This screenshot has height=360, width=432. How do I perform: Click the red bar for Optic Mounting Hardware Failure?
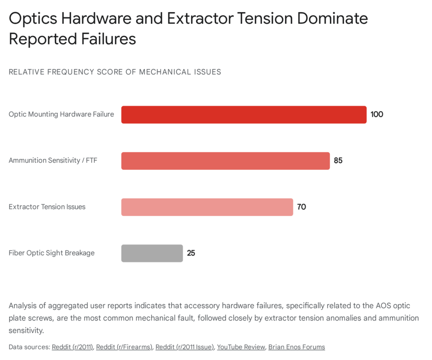[244, 115]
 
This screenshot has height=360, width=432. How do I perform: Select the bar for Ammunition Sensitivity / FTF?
[225, 161]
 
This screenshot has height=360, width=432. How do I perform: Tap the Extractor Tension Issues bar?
[207, 207]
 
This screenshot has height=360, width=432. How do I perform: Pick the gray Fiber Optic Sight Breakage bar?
[152, 253]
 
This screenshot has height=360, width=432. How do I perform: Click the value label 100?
[377, 114]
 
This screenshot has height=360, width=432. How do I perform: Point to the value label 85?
[338, 161]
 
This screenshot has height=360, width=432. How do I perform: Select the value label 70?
[301, 207]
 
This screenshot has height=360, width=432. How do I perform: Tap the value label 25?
[191, 253]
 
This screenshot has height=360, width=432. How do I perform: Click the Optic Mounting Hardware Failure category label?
[61, 114]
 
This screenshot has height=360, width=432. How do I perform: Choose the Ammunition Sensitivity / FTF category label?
[53, 161]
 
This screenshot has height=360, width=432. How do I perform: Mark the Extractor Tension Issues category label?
[47, 207]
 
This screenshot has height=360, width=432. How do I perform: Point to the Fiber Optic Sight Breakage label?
[51, 253]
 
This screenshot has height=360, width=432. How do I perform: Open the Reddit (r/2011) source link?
[72, 347]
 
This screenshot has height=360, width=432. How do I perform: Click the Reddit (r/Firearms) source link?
[124, 347]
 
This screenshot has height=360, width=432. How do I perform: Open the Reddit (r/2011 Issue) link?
[184, 347]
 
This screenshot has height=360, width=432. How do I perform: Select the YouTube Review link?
[241, 347]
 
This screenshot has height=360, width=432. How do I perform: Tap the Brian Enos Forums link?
[297, 347]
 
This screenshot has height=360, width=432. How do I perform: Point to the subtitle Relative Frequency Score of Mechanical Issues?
[115, 72]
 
